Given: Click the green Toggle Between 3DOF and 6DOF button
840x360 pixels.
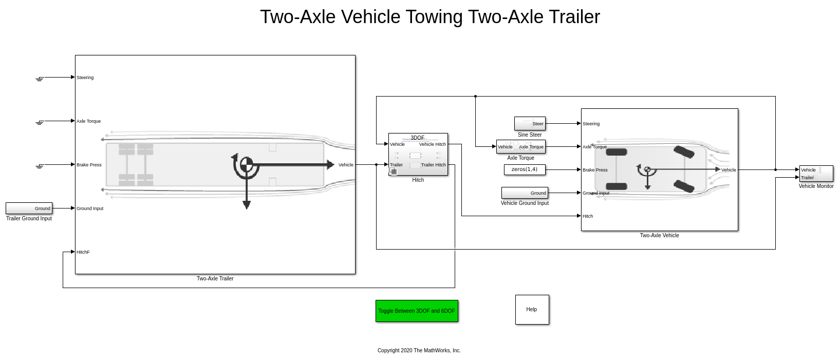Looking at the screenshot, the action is pyautogui.click(x=417, y=311).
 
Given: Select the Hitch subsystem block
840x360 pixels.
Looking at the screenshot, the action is pyautogui.click(x=418, y=154).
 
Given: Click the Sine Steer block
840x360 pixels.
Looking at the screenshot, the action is pyautogui.click(x=530, y=123).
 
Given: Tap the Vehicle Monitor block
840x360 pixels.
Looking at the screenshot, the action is pyautogui.click(x=816, y=174).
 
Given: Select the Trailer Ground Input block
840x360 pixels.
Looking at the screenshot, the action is pyautogui.click(x=29, y=208).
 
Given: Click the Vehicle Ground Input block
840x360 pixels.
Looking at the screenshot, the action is pyautogui.click(x=525, y=193).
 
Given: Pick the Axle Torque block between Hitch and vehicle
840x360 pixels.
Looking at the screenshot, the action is pyautogui.click(x=520, y=147).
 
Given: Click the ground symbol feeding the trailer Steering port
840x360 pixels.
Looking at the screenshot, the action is pyautogui.click(x=40, y=79).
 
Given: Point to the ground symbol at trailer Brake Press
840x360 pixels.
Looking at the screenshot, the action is pyautogui.click(x=40, y=166).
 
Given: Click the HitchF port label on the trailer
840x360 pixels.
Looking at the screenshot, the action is pyautogui.click(x=83, y=252).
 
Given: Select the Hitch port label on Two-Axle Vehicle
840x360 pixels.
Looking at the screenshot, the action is pyautogui.click(x=588, y=216).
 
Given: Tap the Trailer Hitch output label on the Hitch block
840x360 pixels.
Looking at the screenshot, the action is pyautogui.click(x=434, y=165).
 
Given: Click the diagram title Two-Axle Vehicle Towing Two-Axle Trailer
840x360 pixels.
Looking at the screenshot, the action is pyautogui.click(x=430, y=17).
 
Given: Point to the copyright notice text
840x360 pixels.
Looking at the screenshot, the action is pyautogui.click(x=419, y=350).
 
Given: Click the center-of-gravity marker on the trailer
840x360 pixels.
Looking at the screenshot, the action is pyautogui.click(x=247, y=164).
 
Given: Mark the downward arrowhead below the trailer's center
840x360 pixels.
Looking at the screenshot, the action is pyautogui.click(x=247, y=205).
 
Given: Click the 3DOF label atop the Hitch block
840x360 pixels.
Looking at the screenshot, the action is pyautogui.click(x=417, y=138).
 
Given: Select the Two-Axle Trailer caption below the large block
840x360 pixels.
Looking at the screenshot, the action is pyautogui.click(x=215, y=279).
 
